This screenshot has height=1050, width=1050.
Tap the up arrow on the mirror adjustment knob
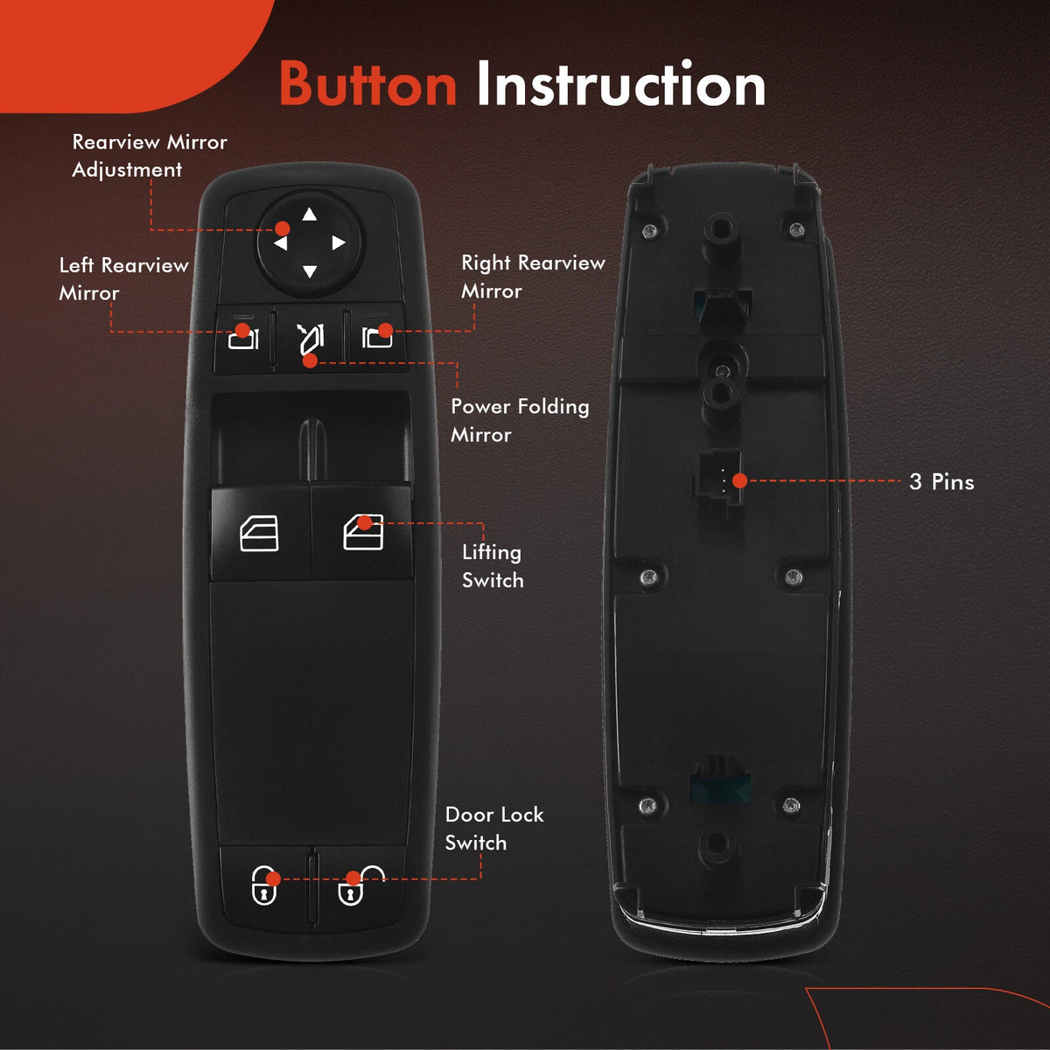point(310,214)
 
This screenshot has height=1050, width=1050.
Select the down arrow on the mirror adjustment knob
point(310,270)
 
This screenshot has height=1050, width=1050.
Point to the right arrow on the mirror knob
point(339,242)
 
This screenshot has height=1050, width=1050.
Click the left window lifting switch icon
point(259,533)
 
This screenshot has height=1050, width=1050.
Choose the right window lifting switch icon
point(363,532)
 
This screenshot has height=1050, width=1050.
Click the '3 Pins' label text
point(941,481)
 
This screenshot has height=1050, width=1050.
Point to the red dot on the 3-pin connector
point(740,480)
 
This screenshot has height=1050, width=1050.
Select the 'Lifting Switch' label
point(493,567)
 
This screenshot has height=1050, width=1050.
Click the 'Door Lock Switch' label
point(494,829)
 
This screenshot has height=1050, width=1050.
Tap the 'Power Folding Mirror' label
point(520,420)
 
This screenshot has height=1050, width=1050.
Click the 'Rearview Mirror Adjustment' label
point(150,156)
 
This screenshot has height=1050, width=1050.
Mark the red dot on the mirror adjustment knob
point(283,228)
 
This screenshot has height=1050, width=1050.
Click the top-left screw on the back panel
point(649,232)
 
